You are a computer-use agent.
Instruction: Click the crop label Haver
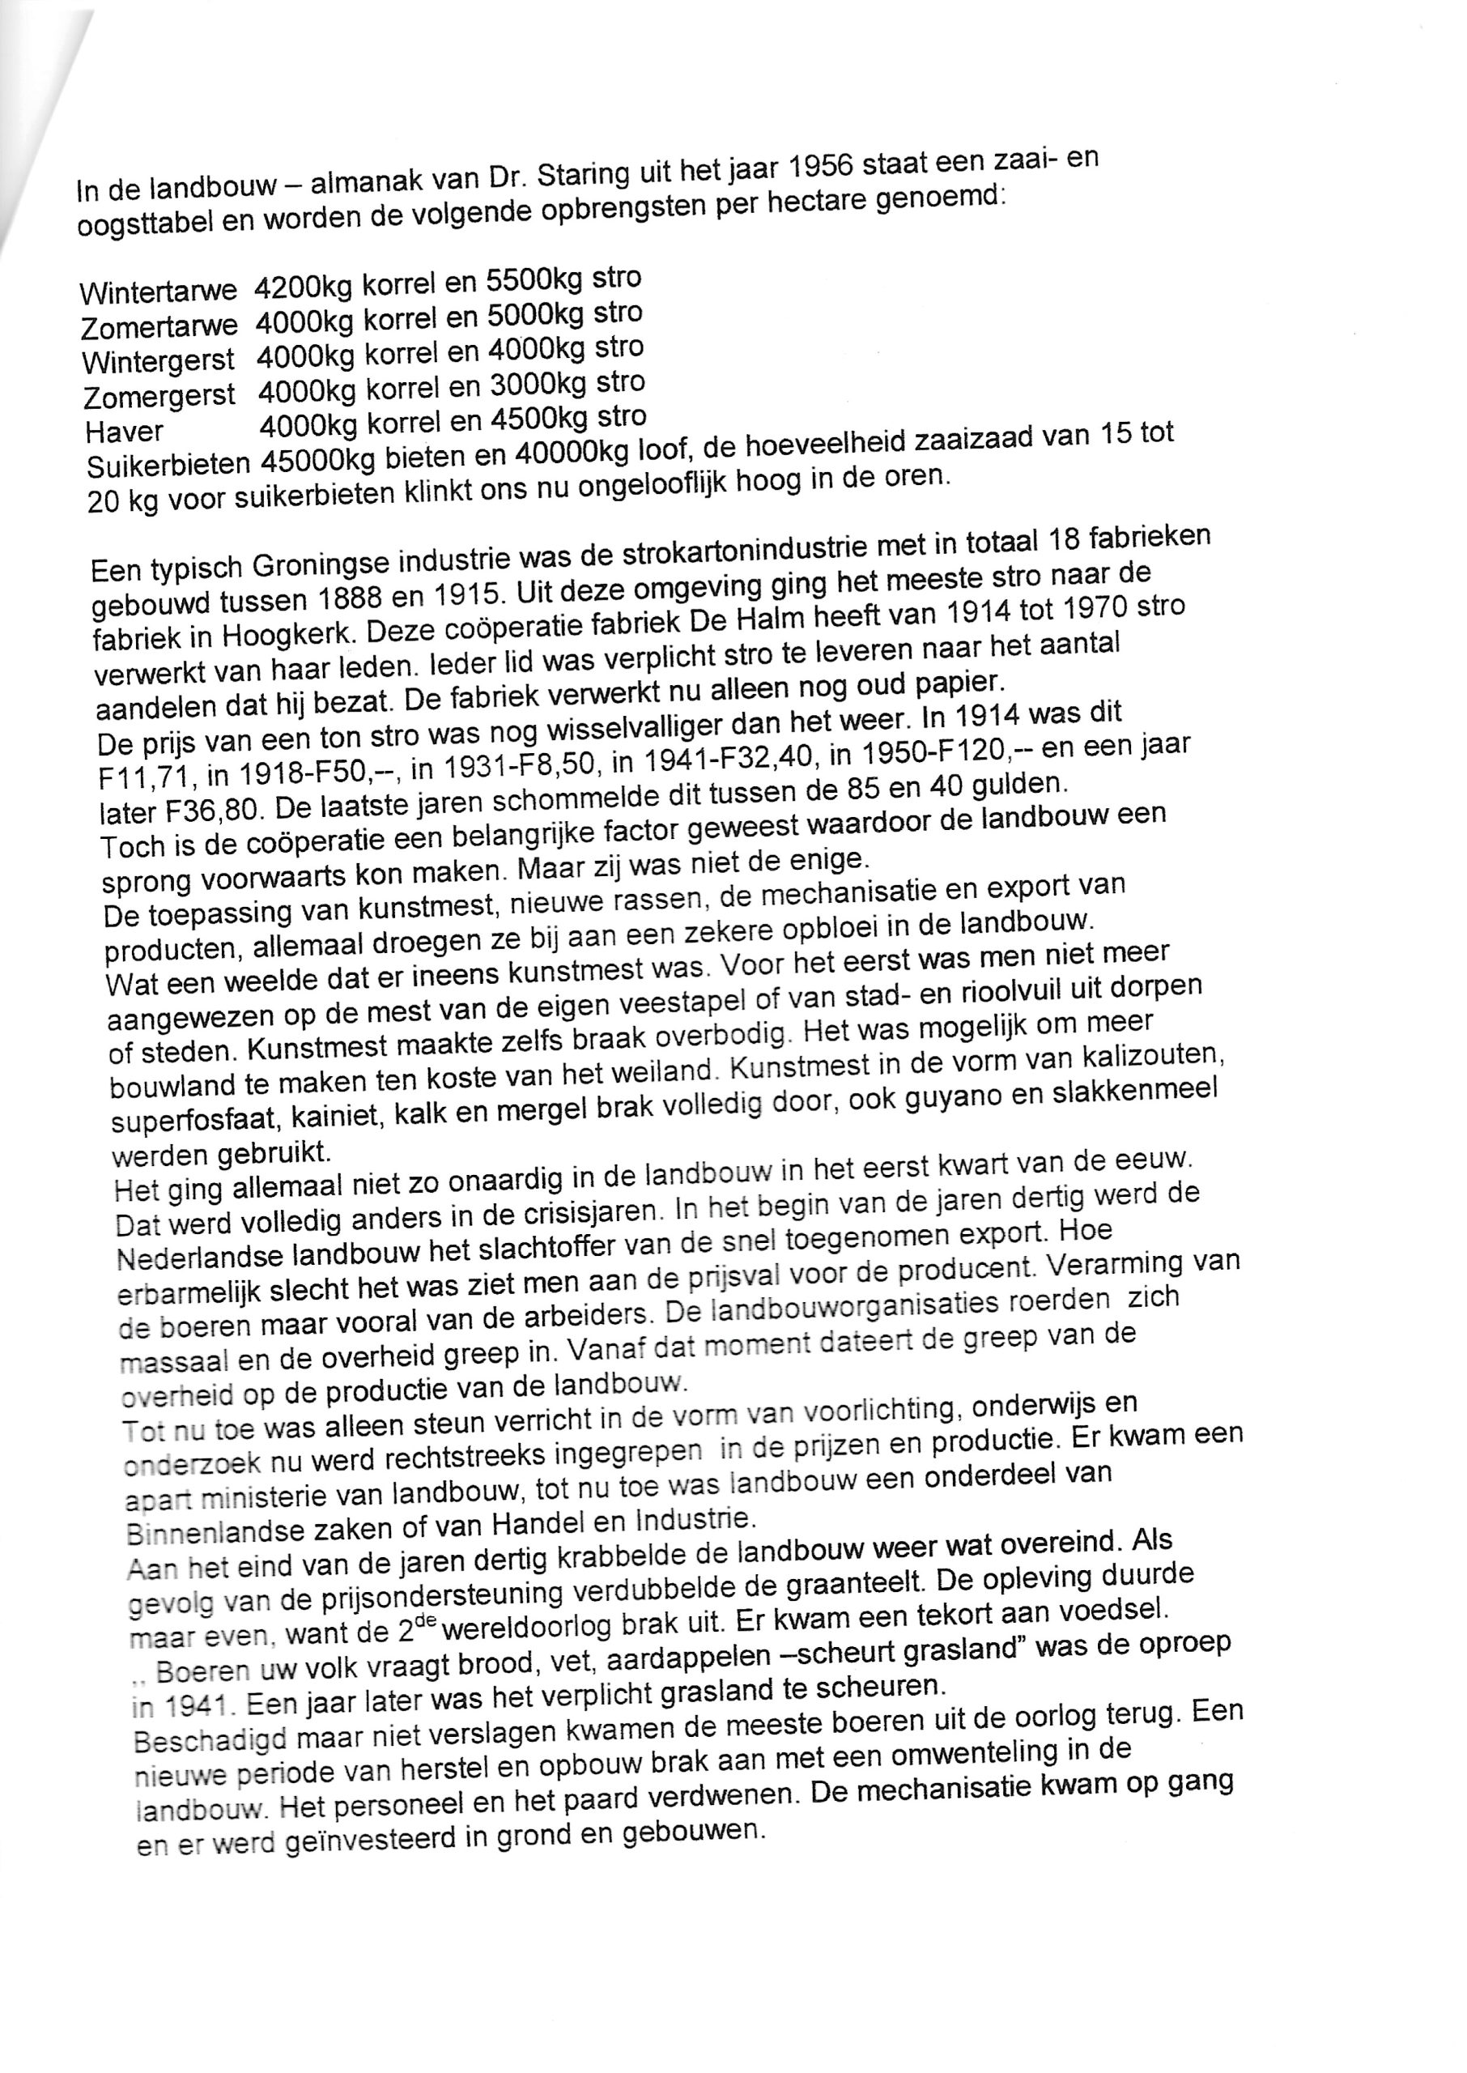coord(125,432)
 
